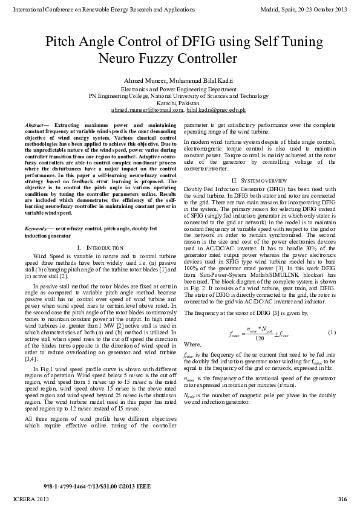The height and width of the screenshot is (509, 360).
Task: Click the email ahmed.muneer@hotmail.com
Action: pos(147,111)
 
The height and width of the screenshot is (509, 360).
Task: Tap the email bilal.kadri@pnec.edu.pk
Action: pos(217,111)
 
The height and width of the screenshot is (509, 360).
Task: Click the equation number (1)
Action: pos(332,333)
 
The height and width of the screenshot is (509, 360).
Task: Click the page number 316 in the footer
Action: pos(342,498)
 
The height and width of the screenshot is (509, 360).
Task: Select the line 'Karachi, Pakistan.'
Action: pos(180,103)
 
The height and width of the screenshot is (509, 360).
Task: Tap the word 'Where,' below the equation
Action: pos(192,343)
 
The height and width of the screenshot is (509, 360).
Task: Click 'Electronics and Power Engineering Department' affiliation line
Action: pos(180,89)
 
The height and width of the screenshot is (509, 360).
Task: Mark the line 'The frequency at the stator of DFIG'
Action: pos(237,313)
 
